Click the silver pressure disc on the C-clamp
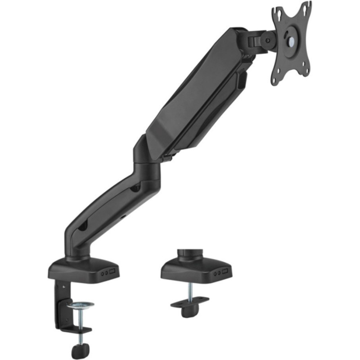tap(80, 306)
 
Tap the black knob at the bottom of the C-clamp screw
tap(80, 350)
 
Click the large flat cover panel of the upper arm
tap(193, 90)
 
